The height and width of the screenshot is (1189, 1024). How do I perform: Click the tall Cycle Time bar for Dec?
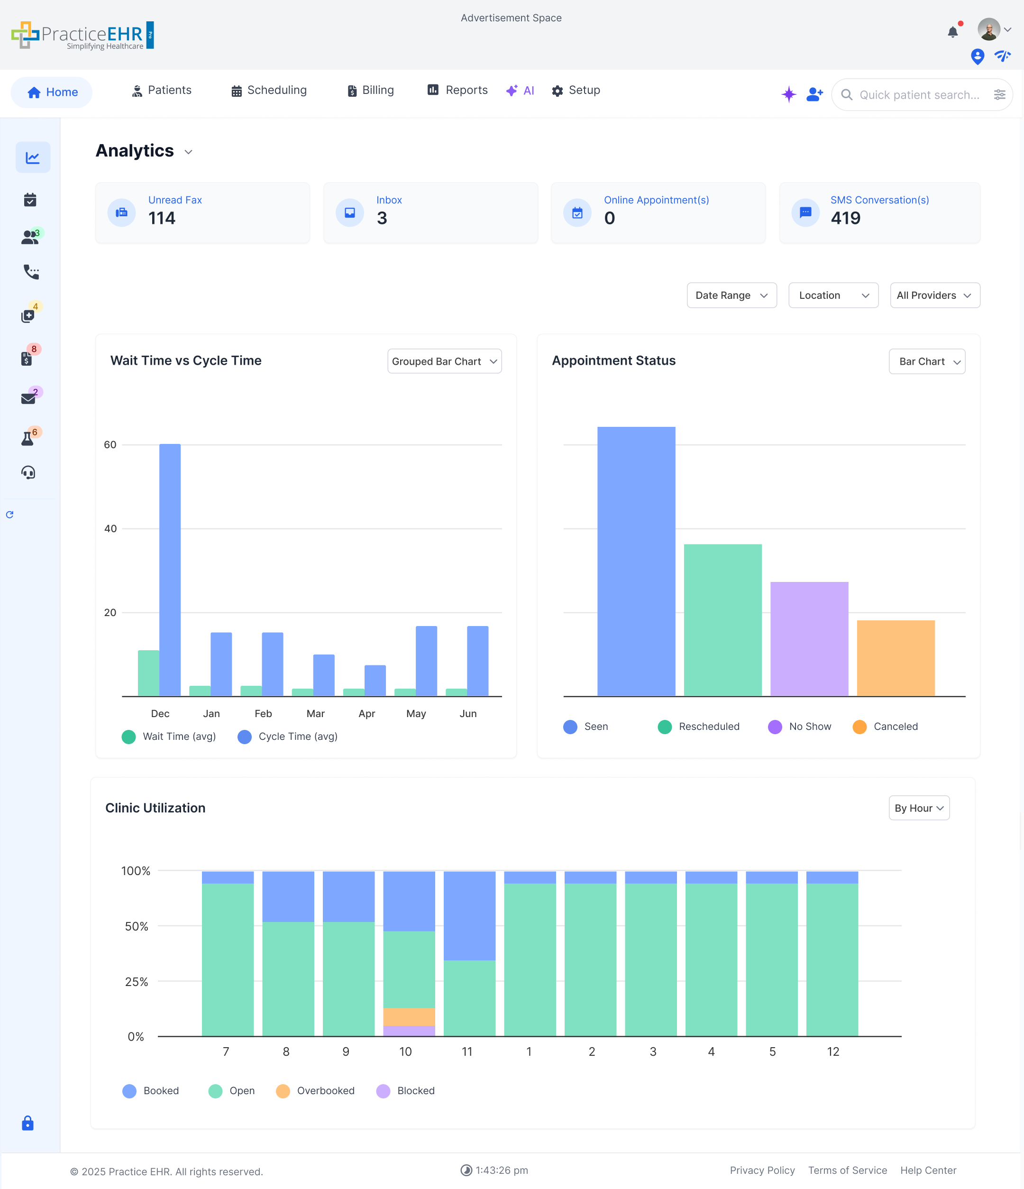(x=170, y=569)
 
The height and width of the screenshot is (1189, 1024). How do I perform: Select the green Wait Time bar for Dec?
(x=148, y=673)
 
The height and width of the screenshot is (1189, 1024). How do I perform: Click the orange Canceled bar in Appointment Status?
(x=895, y=658)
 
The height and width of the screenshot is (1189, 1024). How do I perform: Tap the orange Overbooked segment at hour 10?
(x=409, y=1016)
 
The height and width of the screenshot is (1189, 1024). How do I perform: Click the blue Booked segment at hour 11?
(x=469, y=915)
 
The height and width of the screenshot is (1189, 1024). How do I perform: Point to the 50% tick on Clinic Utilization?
(x=137, y=926)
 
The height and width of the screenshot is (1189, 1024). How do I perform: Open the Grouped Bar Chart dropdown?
(x=444, y=361)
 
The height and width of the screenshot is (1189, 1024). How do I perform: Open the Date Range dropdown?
(x=731, y=295)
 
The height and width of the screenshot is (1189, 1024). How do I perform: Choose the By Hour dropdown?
(x=918, y=808)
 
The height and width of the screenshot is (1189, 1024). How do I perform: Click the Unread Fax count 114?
(x=162, y=218)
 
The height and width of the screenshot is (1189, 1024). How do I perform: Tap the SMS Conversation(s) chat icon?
(x=805, y=212)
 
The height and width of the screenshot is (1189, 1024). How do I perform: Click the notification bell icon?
(x=952, y=32)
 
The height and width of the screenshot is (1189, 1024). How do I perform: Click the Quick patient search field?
(x=918, y=95)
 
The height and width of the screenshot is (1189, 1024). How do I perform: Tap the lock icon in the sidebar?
(x=27, y=1123)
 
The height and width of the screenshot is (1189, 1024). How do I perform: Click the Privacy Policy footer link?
(x=762, y=1170)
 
